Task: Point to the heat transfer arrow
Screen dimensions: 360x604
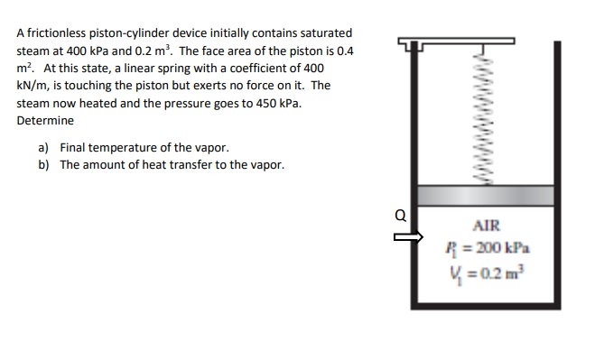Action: [x=410, y=239]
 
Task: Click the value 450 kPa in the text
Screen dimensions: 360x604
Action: [x=279, y=103]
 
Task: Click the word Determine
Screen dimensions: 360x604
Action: [x=45, y=121]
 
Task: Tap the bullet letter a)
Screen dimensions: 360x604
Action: [x=44, y=147]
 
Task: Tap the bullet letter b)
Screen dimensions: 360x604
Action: [x=44, y=164]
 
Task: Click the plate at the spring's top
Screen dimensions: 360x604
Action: [x=460, y=42]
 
